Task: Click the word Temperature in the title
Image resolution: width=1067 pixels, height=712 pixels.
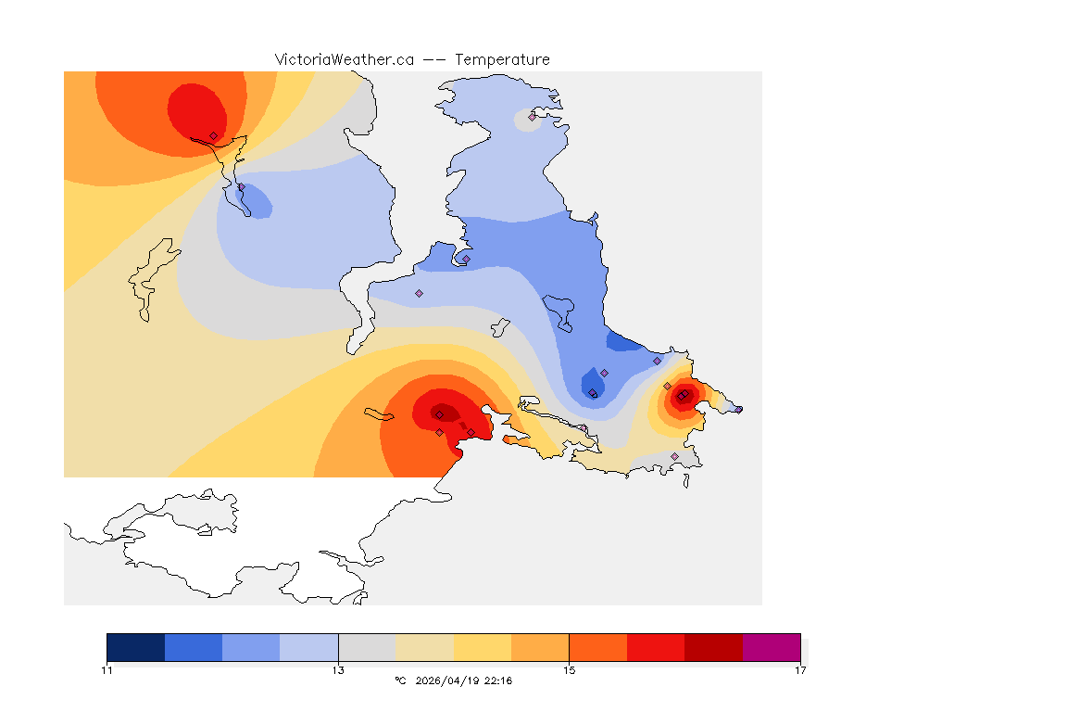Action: [502, 59]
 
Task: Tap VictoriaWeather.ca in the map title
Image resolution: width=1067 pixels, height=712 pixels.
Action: [344, 59]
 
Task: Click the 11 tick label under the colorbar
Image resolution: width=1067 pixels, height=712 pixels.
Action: [107, 670]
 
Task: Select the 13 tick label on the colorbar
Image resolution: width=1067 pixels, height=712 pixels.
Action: [338, 670]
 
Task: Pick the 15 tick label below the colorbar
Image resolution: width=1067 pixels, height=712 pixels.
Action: [569, 670]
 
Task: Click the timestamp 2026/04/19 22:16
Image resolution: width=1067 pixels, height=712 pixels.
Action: [462, 681]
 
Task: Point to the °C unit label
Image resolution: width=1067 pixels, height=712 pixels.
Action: [400, 681]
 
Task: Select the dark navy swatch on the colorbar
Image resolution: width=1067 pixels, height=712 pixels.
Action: [135, 647]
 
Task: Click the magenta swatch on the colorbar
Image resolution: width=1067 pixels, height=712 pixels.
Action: [772, 647]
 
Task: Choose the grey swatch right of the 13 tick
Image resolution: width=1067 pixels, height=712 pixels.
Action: [367, 647]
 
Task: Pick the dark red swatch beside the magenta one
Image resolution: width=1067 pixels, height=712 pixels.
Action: [714, 647]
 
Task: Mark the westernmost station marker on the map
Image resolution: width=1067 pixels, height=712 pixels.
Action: [213, 135]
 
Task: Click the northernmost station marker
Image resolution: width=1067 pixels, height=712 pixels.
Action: [532, 117]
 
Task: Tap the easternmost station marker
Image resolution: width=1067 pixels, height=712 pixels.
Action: [739, 409]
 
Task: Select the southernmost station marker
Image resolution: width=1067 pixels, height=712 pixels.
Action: [674, 456]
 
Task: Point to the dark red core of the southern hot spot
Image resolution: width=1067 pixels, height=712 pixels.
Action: [444, 413]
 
